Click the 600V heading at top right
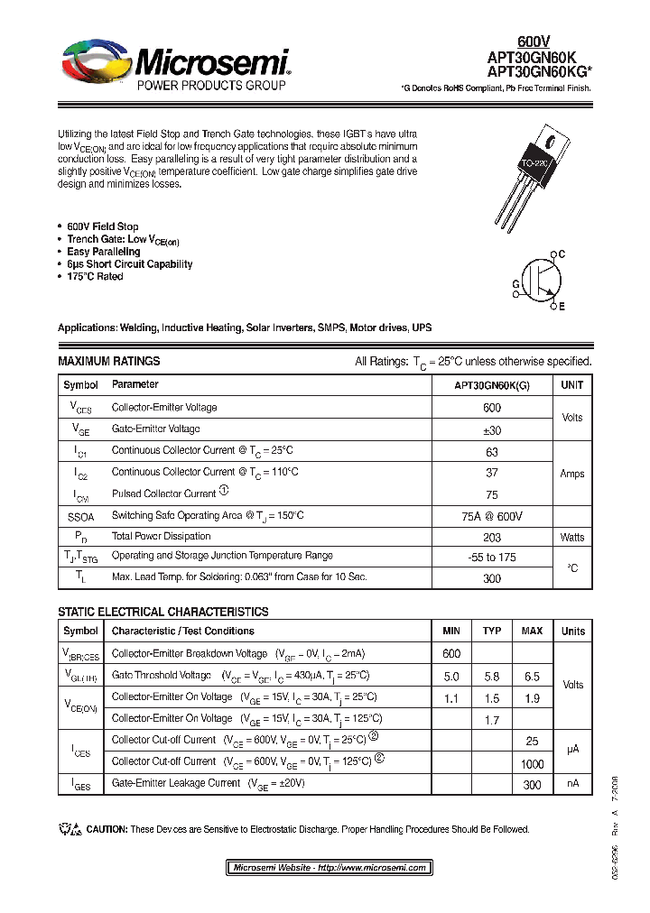pos(533,41)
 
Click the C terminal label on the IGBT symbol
pos(561,255)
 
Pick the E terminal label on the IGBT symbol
pos(561,308)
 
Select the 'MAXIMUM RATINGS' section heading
pos(108,361)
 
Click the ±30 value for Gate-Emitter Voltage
pos(492,429)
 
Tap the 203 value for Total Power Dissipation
pos(492,537)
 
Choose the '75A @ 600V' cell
pos(492,516)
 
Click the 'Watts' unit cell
pos(572,537)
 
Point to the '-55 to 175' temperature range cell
pos(492,558)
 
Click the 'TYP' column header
pos(492,631)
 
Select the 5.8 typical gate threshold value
pos(492,676)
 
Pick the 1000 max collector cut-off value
pos(532,762)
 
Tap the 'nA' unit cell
pos(572,784)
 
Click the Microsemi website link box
pos(330,867)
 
